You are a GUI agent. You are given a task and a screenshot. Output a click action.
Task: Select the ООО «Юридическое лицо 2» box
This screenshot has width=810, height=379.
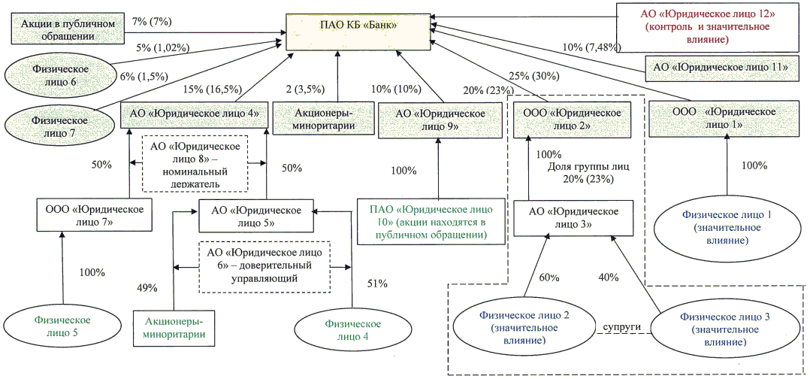click(573, 119)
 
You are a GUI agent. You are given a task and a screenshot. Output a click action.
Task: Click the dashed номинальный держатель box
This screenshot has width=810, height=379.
click(195, 164)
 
